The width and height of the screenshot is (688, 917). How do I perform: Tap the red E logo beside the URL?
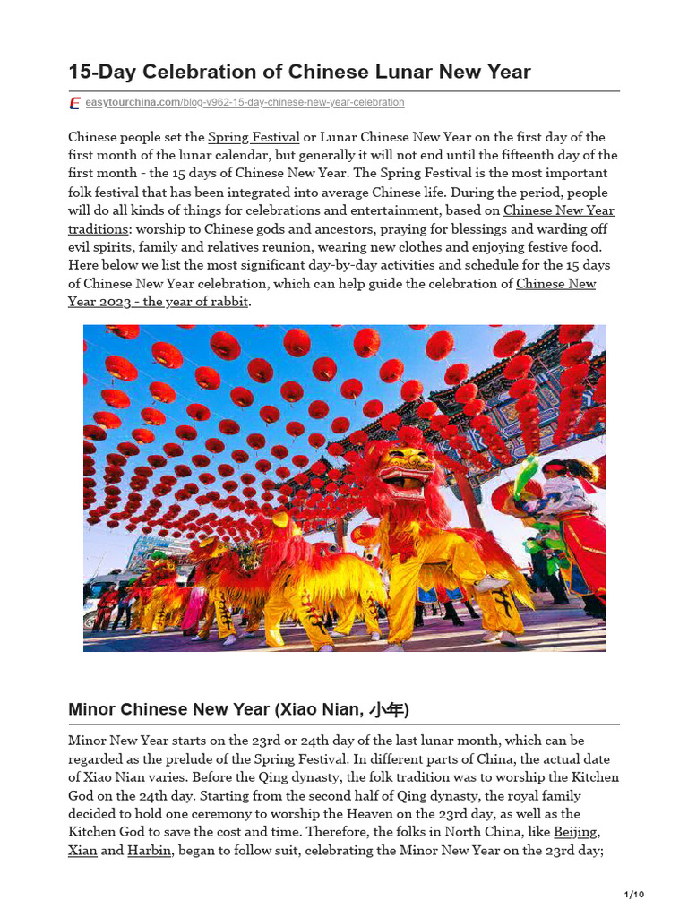tap(75, 103)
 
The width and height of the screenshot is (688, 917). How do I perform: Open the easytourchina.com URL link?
tap(245, 103)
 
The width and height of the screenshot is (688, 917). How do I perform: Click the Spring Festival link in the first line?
tap(254, 137)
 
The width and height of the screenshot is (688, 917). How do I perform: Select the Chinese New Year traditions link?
tap(558, 210)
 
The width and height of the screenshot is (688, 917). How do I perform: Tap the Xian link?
tap(82, 851)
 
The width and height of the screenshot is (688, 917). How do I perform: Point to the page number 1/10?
tap(633, 895)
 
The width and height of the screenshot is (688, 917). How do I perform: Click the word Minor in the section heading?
tap(91, 710)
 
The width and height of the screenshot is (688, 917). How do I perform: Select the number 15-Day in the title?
tap(99, 72)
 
